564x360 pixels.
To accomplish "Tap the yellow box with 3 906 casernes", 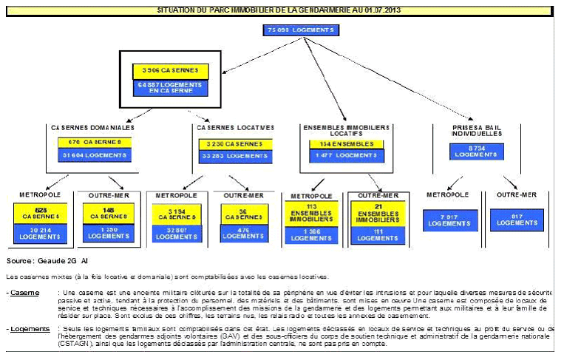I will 171,71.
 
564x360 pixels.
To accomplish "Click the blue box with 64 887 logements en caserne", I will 171,88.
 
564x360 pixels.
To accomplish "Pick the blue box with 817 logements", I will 514,220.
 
